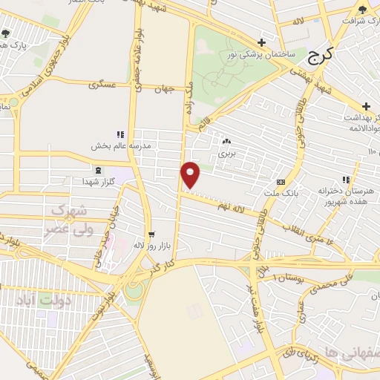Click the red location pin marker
(191, 174)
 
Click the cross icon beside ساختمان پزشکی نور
(261, 43)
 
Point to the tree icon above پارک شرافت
(362, 10)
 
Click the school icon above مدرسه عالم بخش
(120, 134)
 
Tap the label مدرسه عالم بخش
(121, 145)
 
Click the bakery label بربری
(226, 154)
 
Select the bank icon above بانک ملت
(281, 182)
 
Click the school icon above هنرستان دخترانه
(345, 179)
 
